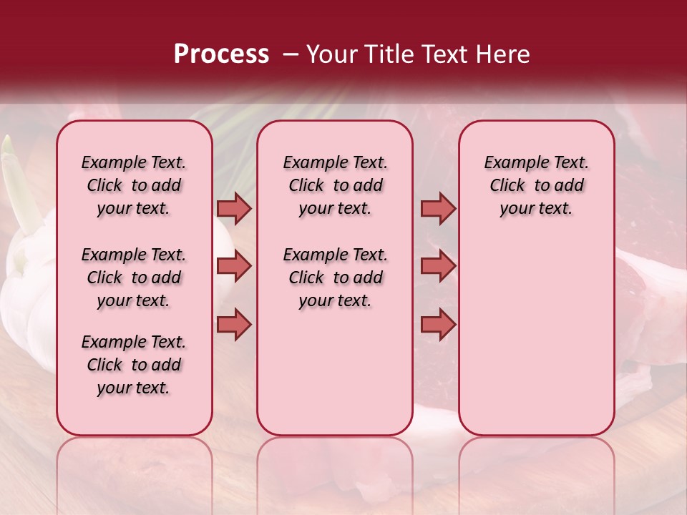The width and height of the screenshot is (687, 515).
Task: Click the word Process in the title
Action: tap(221, 54)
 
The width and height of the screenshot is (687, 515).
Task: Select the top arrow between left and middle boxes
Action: tap(234, 208)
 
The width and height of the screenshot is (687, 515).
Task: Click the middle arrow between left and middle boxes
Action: tap(234, 267)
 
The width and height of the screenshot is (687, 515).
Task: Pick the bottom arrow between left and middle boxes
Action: tap(234, 325)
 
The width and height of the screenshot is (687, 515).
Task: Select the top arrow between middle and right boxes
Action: tap(438, 208)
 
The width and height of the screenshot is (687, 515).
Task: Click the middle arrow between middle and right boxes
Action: tap(438, 267)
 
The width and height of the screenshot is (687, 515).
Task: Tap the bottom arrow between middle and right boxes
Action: tap(438, 325)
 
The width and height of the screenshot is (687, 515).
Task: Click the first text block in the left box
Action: tap(134, 185)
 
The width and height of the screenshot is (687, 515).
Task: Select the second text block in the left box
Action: tap(134, 278)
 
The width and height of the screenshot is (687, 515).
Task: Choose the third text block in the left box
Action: tap(134, 365)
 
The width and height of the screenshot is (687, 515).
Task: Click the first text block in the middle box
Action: tap(336, 185)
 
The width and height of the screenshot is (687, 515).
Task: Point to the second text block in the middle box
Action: tap(336, 278)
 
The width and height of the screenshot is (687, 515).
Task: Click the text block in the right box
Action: tap(537, 185)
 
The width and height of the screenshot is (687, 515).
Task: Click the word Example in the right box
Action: tap(512, 162)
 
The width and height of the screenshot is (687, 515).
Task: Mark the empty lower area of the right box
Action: tap(537, 336)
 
